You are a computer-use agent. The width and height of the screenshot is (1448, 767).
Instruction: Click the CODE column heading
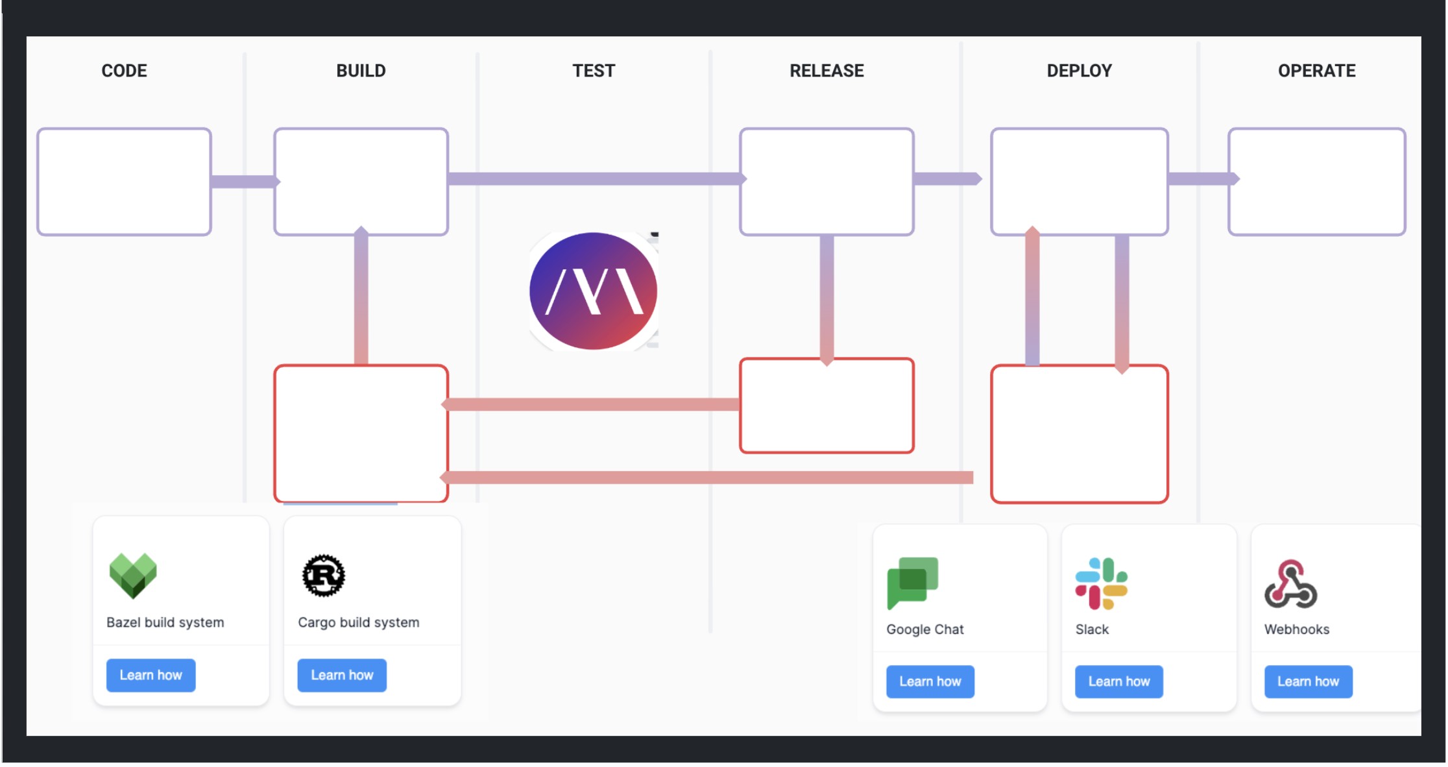tap(124, 71)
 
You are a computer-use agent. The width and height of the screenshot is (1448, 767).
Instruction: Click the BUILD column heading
tap(361, 71)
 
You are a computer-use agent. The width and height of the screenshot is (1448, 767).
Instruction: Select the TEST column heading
tap(593, 71)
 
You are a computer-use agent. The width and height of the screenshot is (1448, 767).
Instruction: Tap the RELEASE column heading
tap(826, 71)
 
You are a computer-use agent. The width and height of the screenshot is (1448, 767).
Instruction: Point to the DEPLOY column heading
tap(1079, 71)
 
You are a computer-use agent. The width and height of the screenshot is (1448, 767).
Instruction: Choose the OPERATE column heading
tap(1316, 71)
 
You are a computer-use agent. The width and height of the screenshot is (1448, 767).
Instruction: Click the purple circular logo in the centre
tap(593, 291)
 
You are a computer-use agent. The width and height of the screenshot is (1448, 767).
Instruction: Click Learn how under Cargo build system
tap(342, 675)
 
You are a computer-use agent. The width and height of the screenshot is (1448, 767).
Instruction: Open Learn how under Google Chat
tap(930, 681)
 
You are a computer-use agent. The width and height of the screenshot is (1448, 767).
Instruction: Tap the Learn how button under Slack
tap(1118, 681)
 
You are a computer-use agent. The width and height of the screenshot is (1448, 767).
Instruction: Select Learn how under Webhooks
tap(1308, 681)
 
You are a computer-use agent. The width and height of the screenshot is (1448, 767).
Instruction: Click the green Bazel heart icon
tap(133, 575)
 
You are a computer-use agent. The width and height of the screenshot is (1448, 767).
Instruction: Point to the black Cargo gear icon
tap(323, 575)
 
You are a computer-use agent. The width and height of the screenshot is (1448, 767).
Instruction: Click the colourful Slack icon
tap(1101, 583)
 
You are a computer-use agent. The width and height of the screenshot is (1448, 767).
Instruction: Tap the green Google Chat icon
tap(912, 582)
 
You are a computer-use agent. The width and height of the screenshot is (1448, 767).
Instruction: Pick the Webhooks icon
tap(1290, 584)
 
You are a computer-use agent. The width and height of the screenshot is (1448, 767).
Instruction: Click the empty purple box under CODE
tap(124, 182)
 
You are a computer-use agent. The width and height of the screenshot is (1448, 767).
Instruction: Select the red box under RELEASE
tap(827, 406)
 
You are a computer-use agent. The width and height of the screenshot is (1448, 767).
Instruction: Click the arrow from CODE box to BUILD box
tap(243, 182)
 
